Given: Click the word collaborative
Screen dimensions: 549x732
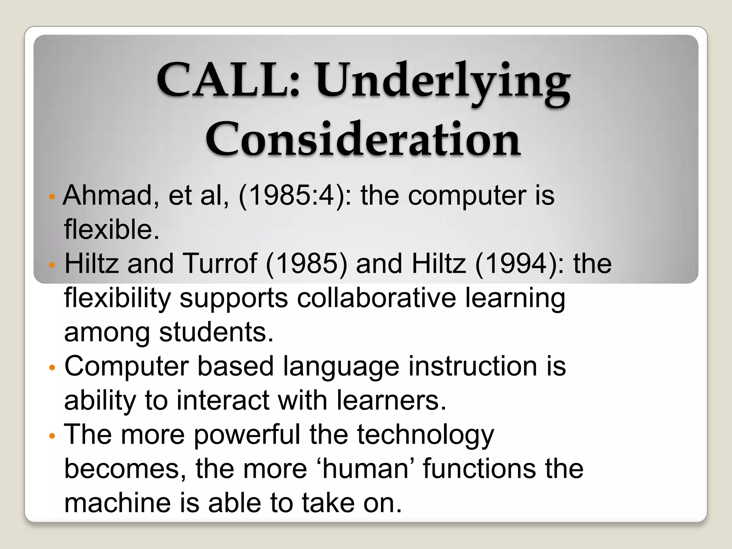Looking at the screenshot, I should pyautogui.click(x=376, y=298).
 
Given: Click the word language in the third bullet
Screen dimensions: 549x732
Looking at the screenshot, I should pyautogui.click(x=341, y=367).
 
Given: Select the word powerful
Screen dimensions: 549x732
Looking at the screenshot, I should pyautogui.click(x=247, y=435).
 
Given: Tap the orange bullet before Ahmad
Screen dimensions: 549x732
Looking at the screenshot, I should pyautogui.click(x=52, y=197).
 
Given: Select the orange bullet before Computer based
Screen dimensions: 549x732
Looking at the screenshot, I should pyautogui.click(x=52, y=368).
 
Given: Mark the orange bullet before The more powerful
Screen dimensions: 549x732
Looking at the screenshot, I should pyautogui.click(x=52, y=436).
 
